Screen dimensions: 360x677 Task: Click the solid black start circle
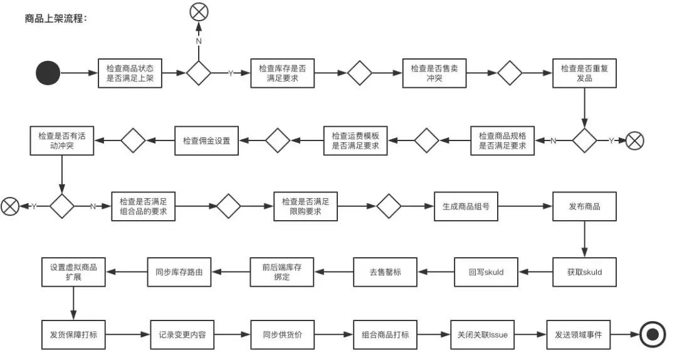(x=48, y=73)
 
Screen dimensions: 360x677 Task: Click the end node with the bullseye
(x=653, y=334)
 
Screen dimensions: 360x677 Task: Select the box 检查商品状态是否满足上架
(x=130, y=73)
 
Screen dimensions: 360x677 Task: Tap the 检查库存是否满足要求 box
(x=282, y=73)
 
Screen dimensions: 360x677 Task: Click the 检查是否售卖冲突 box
(x=434, y=73)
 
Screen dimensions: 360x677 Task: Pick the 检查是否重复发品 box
(x=584, y=73)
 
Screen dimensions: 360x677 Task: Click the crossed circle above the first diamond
(x=199, y=11)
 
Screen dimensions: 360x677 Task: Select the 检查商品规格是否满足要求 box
(x=503, y=140)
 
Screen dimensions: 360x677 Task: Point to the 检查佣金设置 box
(x=206, y=140)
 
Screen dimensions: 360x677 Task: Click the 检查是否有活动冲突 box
(x=61, y=140)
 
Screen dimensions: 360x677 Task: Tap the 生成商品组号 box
(x=466, y=206)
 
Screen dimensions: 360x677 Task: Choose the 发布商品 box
(x=584, y=206)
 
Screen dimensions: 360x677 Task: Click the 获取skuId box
(x=584, y=272)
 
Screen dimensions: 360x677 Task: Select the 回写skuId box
(x=486, y=272)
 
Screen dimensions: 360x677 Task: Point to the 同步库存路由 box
(x=179, y=272)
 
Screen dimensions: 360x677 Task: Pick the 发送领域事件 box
(x=578, y=334)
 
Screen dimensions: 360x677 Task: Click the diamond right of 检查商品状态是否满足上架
(x=199, y=73)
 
